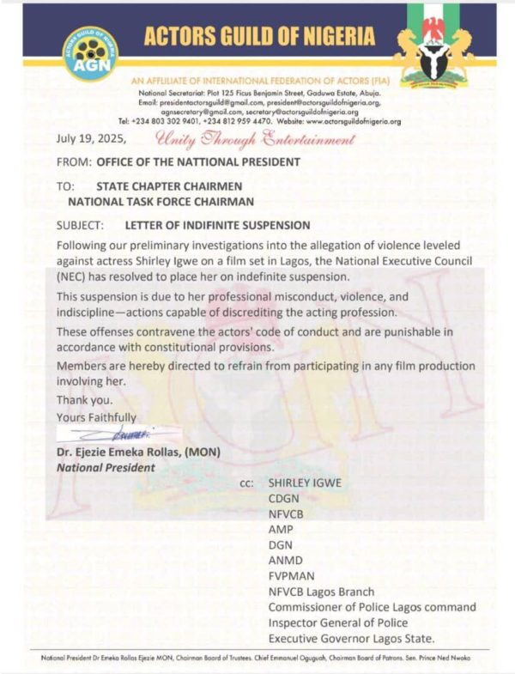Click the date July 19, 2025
[91, 138]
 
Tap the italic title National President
[106, 468]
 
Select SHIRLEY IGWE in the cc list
[305, 483]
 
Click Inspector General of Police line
[337, 622]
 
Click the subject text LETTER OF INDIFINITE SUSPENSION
[217, 226]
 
